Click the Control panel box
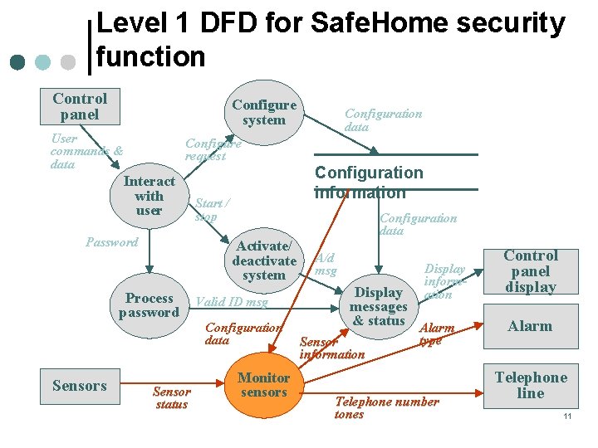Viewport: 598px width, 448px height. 80,106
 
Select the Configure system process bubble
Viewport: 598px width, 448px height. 264,112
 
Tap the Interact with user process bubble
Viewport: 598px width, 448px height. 149,196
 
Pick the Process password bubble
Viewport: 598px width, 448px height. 149,305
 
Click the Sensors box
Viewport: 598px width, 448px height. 80,386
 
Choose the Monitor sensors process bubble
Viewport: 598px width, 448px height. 263,385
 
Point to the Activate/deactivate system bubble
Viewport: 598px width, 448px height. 264,261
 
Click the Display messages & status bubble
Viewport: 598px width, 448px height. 378,306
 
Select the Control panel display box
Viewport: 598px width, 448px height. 531,271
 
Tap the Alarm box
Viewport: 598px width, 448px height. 530,326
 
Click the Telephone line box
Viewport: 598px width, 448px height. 531,385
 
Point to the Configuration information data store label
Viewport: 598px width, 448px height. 369,183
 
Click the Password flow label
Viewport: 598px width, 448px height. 111,242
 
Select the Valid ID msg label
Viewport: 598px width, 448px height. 232,302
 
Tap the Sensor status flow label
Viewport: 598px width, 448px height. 172,398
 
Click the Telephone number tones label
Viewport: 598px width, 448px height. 386,407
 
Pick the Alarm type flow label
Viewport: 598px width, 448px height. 436,334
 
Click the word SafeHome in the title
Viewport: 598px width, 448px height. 365,23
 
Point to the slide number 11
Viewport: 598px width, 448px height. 567,416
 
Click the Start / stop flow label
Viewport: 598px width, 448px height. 212,210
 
